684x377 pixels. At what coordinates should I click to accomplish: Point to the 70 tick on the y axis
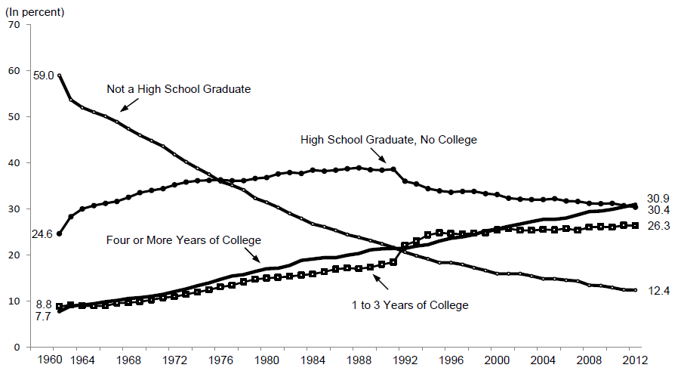coord(14,25)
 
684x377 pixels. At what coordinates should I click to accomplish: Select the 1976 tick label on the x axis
coord(220,359)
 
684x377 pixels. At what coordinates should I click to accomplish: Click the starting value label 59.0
coord(44,75)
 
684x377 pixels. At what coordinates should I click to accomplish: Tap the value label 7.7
coord(43,317)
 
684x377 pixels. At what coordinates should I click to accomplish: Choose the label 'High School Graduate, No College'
coord(389,140)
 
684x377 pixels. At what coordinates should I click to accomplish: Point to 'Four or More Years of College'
coord(184,240)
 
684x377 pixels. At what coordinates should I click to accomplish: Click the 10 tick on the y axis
coord(14,301)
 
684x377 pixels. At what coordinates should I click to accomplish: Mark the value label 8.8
coord(43,304)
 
